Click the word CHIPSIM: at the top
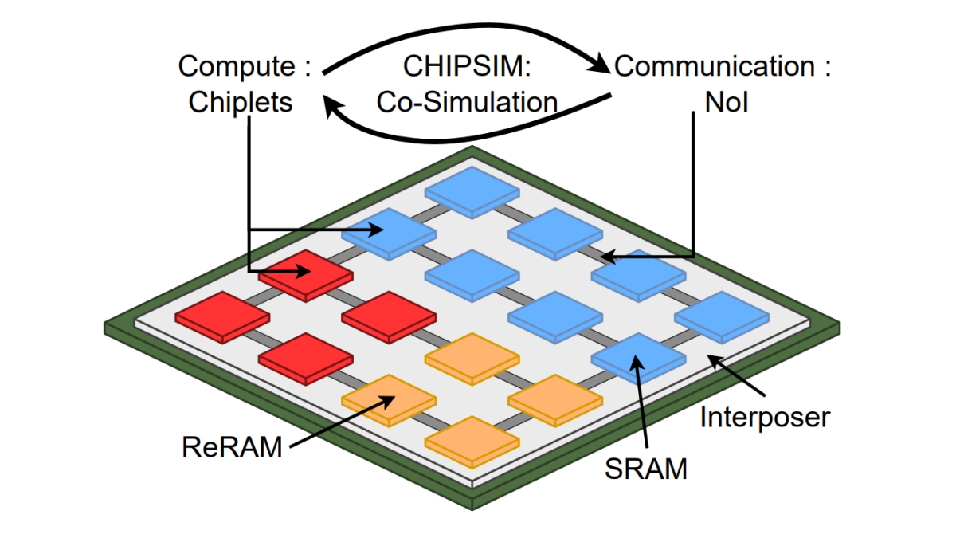(x=467, y=66)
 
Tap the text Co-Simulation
(x=467, y=102)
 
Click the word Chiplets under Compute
(x=241, y=103)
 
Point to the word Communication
(x=713, y=66)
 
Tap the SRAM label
(x=645, y=469)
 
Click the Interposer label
(x=765, y=417)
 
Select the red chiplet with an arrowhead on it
(x=305, y=273)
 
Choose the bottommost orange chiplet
(x=472, y=438)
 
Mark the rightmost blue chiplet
(x=722, y=314)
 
